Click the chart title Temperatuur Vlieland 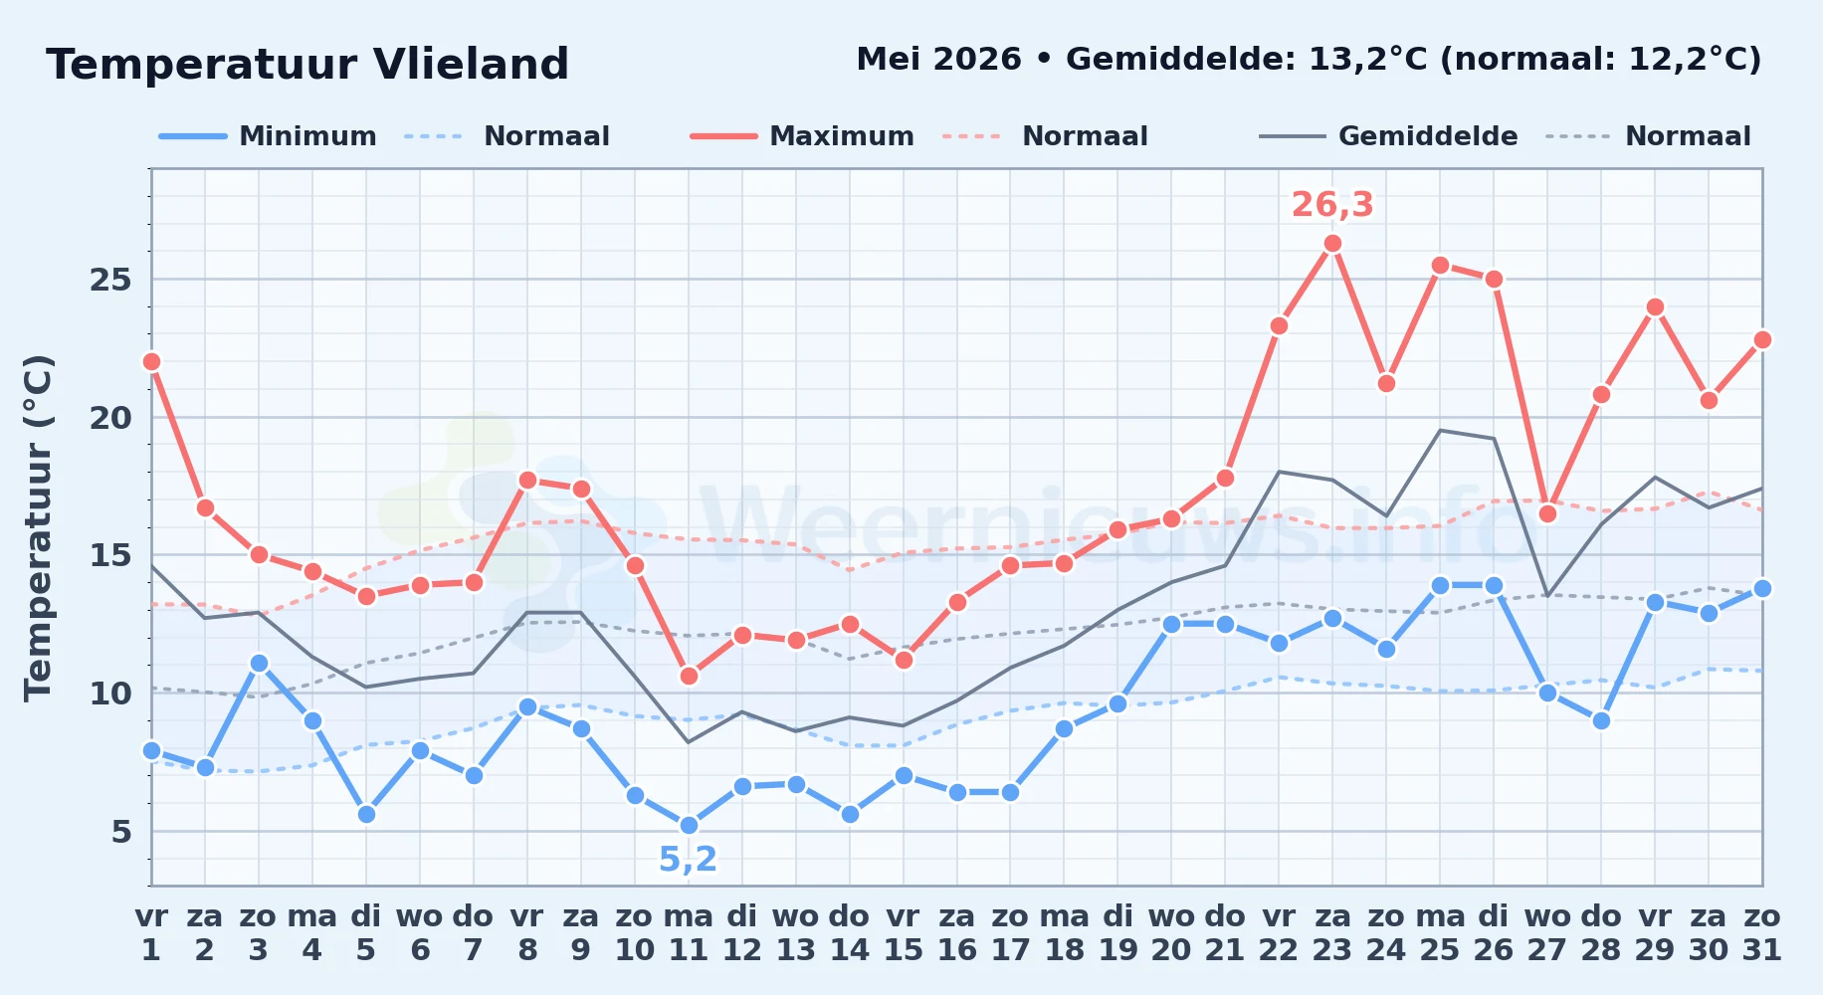tap(307, 65)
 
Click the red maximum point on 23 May tap(1332, 244)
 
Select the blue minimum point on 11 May tap(689, 826)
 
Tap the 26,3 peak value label tap(1332, 205)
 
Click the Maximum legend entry tap(802, 136)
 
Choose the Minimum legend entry tap(268, 136)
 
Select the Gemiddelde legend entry tap(1389, 136)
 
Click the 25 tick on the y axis tap(110, 280)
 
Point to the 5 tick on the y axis tap(121, 832)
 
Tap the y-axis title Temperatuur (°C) tap(38, 527)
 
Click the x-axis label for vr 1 tap(151, 933)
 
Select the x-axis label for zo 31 tap(1762, 933)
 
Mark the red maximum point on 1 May tap(151, 362)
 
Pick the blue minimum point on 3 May tap(259, 664)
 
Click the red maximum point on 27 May tap(1547, 514)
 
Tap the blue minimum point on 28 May tap(1601, 721)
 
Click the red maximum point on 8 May tap(527, 481)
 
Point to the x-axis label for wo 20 tap(1171, 933)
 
